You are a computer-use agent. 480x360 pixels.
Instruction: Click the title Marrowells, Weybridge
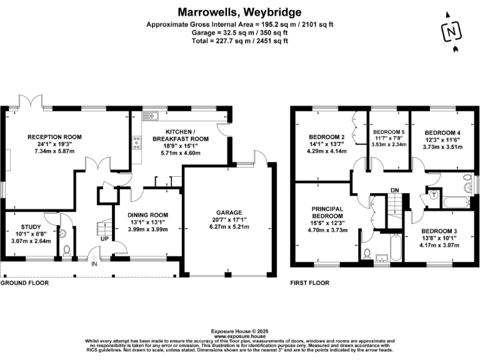[239, 12]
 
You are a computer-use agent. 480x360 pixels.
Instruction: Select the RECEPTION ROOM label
[54, 136]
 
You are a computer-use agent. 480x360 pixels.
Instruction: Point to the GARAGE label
[227, 212]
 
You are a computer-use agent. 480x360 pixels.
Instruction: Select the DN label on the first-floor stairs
[394, 190]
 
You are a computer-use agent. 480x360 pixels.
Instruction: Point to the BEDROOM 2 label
[327, 137]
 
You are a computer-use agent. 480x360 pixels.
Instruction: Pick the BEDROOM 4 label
[442, 132]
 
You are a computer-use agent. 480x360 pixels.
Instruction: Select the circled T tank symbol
[432, 194]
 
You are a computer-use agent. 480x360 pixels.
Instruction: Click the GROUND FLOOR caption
[24, 283]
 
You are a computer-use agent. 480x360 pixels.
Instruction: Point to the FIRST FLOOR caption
[309, 283]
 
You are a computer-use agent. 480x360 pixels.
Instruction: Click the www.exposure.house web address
[239, 336]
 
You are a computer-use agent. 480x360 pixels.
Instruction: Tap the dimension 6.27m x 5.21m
[227, 227]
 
